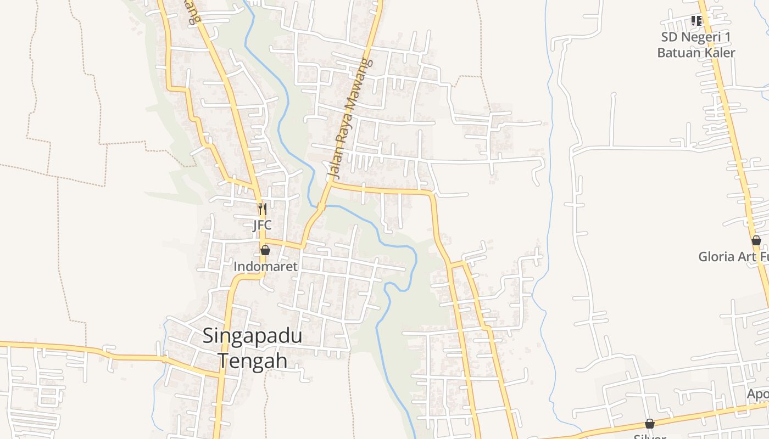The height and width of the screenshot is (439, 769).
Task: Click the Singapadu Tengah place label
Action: (x=253, y=348)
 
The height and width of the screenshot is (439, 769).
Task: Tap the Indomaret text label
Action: (x=265, y=267)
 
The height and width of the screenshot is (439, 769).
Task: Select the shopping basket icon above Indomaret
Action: (x=265, y=250)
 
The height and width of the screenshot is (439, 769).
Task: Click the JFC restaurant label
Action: (x=262, y=225)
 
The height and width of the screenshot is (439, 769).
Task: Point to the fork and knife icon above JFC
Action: (x=263, y=209)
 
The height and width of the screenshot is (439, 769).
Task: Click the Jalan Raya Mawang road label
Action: (x=349, y=118)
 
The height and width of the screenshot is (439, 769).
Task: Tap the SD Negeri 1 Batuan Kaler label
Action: (x=696, y=45)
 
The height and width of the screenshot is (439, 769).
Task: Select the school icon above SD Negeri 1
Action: (x=696, y=21)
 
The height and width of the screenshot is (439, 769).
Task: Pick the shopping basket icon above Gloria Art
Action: (x=756, y=240)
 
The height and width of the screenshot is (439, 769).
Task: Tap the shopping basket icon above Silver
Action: (x=650, y=424)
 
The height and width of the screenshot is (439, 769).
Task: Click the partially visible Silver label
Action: (x=650, y=436)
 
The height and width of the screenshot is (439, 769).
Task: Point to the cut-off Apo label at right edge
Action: (x=757, y=394)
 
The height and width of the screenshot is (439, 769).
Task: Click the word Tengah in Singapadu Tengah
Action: (x=253, y=361)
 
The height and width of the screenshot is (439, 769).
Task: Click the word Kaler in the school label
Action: (x=719, y=53)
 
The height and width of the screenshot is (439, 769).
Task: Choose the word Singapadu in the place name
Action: (x=252, y=336)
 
